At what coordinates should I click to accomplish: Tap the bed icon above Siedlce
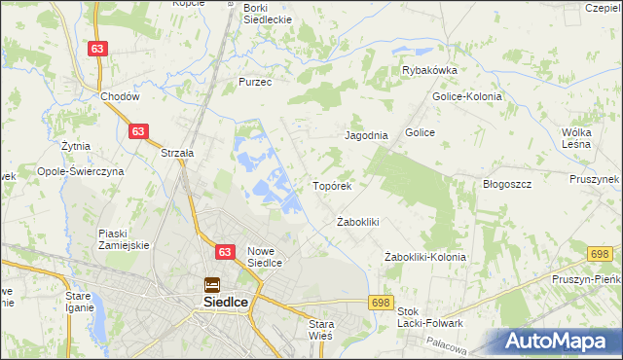[x=211, y=285]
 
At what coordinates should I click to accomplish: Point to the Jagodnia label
[x=367, y=136]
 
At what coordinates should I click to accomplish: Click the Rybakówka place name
[x=430, y=70]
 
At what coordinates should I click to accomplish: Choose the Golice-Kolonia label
[x=466, y=96]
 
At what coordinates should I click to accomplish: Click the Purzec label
[x=254, y=83]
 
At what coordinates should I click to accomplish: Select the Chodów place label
[x=121, y=97]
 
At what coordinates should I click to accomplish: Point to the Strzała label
[x=177, y=153]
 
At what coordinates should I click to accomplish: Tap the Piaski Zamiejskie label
[x=124, y=238]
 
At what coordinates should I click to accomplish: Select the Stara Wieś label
[x=320, y=329]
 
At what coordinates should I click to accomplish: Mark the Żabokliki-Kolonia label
[x=425, y=257]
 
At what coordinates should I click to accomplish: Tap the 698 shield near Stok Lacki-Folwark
[x=381, y=303]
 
